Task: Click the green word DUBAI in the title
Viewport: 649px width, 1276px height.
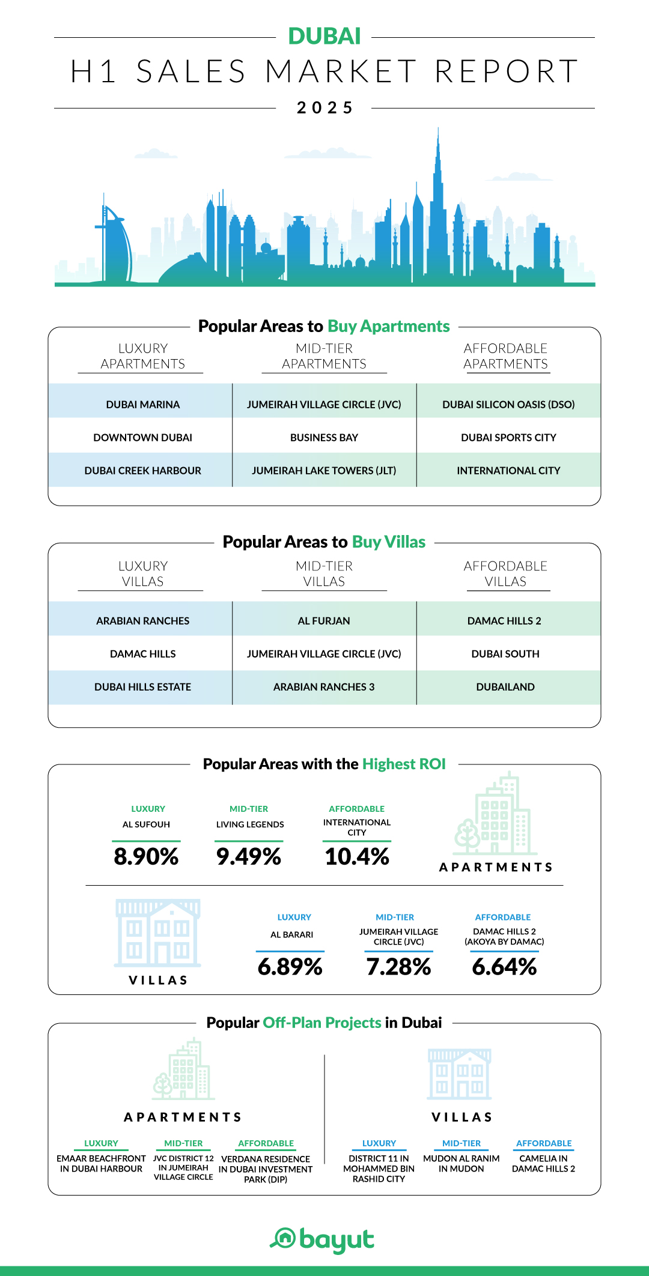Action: click(x=324, y=37)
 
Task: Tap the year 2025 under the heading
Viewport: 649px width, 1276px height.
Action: click(x=324, y=107)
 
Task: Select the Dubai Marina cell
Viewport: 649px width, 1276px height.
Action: click(x=143, y=405)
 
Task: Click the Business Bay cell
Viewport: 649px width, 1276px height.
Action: click(x=324, y=438)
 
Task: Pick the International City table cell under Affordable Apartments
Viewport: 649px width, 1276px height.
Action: click(x=508, y=471)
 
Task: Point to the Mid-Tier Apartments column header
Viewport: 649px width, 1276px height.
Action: click(x=324, y=356)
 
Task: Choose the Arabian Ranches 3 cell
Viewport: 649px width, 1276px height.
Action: click(x=324, y=687)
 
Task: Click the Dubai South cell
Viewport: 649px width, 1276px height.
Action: click(x=505, y=654)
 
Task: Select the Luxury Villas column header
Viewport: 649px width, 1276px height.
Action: click(x=143, y=573)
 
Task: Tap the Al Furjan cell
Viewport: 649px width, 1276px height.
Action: click(x=324, y=621)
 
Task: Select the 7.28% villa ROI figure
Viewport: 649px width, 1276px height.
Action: click(x=398, y=967)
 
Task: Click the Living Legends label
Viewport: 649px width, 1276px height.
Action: click(x=250, y=824)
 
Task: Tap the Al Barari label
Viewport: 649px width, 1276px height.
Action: click(x=291, y=935)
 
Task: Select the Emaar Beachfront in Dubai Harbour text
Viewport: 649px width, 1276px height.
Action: click(x=101, y=1164)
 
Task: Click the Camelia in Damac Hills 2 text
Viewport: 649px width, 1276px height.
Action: click(x=543, y=1164)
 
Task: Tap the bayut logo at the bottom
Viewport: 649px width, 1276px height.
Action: click(x=323, y=1239)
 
